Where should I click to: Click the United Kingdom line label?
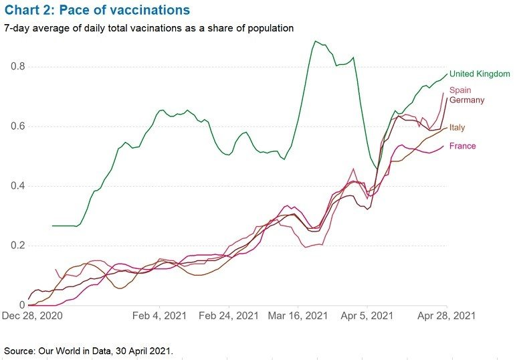tap(480, 74)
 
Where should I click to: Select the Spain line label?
tap(460, 90)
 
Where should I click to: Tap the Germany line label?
tap(467, 100)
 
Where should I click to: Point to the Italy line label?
tap(457, 127)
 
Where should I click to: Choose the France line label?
tap(463, 146)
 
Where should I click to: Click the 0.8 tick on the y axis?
tap(17, 67)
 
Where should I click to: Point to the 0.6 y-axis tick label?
tap(17, 126)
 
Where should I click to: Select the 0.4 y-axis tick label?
tap(17, 186)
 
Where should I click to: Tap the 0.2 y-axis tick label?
tap(17, 246)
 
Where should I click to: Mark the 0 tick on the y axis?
tap(22, 305)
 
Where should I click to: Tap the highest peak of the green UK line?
tap(315, 41)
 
